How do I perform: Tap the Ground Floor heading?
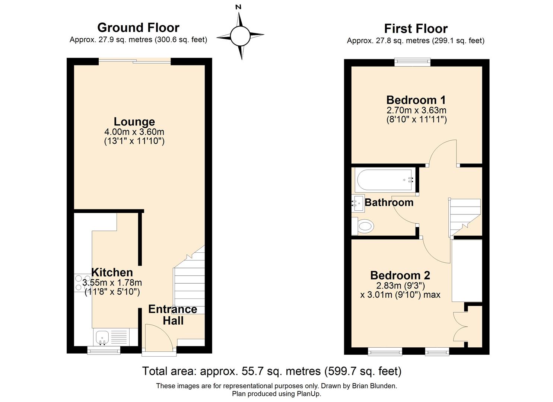(138, 28)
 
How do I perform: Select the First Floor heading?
(416, 29)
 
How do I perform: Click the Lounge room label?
(134, 122)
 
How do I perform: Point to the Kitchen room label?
(112, 272)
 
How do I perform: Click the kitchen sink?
(102, 337)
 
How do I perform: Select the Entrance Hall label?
(173, 315)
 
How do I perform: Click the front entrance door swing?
(158, 337)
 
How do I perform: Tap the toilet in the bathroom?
(363, 226)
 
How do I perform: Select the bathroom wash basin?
(357, 203)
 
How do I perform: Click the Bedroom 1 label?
(416, 100)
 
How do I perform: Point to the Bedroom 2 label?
(400, 275)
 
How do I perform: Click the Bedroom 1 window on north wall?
(412, 63)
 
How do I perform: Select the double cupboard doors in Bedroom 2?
(461, 326)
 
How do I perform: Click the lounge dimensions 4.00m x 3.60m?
(134, 132)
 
